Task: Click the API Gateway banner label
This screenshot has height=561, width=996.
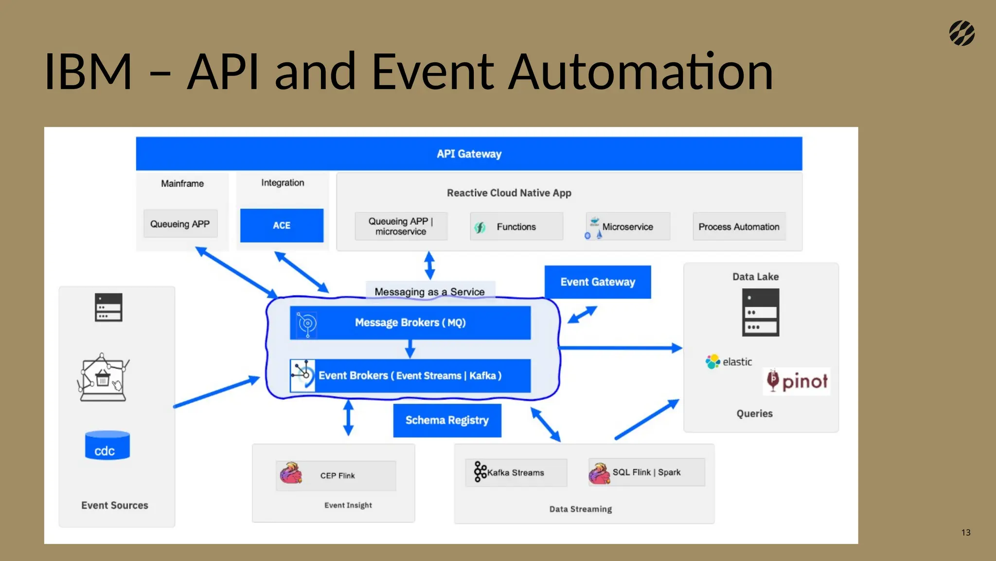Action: [x=469, y=154]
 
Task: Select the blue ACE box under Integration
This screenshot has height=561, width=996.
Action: [x=282, y=225]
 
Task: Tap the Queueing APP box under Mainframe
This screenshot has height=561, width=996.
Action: [x=180, y=224]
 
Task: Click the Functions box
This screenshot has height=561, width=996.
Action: [x=516, y=226]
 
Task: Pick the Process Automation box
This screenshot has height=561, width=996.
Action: [x=739, y=226]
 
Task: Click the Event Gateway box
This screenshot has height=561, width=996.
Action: [x=598, y=282]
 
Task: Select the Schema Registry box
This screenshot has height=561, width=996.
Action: [x=447, y=420]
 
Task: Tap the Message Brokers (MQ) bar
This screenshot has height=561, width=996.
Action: [x=410, y=322]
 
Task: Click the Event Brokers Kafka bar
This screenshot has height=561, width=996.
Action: [x=410, y=375]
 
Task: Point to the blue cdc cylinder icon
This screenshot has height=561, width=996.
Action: [x=107, y=446]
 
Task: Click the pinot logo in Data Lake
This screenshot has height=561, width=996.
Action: [x=797, y=381]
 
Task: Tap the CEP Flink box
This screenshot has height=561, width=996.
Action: [x=336, y=475]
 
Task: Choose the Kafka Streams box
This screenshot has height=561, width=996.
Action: [x=516, y=472]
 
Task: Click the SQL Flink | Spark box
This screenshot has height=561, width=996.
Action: [x=646, y=472]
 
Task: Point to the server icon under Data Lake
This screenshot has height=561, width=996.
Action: [x=761, y=312]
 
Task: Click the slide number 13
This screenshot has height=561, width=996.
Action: [x=966, y=532]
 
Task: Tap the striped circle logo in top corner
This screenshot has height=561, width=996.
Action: [x=962, y=33]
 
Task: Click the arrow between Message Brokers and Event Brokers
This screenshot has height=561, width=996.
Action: [x=410, y=349]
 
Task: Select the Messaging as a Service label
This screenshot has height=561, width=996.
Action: [x=429, y=291]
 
